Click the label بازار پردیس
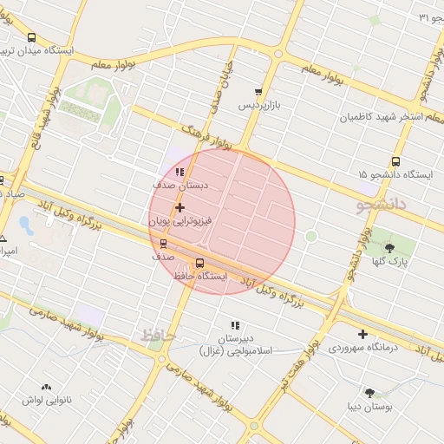coord(261,105)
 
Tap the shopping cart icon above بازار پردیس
coord(258,92)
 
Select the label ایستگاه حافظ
coord(199,276)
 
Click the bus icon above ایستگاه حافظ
coord(200,263)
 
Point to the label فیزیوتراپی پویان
coord(180,222)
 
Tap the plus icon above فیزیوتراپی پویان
coord(180,208)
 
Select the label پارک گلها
coord(390,261)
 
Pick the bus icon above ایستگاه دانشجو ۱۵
coord(396,161)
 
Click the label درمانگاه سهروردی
coord(363,348)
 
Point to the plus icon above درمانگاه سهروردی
coord(362,334)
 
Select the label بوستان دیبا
coord(370,406)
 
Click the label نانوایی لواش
coord(46,401)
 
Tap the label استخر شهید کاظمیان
coord(385,116)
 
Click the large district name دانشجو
coord(381,206)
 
